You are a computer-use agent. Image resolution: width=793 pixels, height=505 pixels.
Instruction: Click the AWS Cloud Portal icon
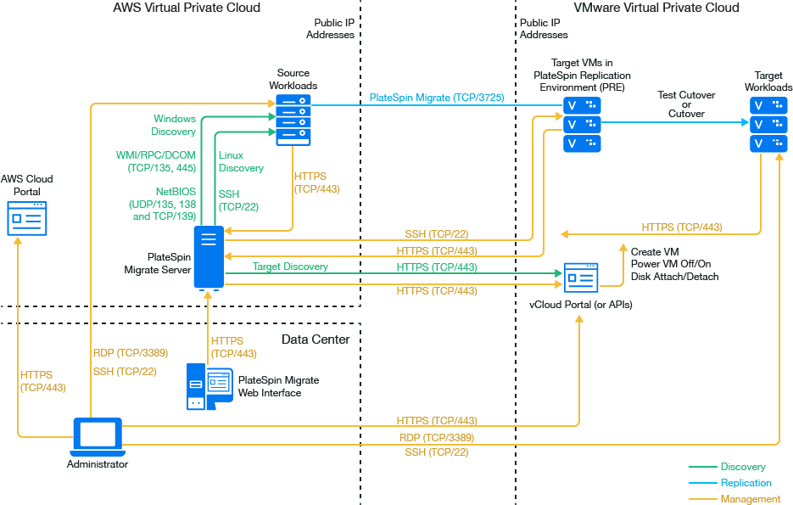(26, 218)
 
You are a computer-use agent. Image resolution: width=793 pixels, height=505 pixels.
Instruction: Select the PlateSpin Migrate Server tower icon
(209, 257)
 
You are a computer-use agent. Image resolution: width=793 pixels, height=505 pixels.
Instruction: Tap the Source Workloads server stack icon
(293, 121)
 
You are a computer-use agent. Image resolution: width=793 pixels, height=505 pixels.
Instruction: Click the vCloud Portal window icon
(581, 278)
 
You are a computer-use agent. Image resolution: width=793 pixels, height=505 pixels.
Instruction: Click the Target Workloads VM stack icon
(769, 125)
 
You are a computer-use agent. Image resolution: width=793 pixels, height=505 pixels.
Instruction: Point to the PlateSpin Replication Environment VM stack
(582, 125)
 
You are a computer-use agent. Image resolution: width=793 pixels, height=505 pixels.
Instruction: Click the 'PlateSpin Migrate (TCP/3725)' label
(437, 98)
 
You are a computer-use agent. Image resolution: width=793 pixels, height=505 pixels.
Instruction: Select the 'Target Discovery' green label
(290, 267)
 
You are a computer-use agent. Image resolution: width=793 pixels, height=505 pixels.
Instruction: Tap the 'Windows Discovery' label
(174, 126)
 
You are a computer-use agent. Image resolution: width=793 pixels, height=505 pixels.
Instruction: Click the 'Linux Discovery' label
(241, 162)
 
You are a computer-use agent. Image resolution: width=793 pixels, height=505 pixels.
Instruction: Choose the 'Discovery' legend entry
(742, 467)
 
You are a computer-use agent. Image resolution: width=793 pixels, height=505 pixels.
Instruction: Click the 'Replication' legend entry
(746, 483)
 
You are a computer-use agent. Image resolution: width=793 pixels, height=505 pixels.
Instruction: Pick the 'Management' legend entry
(750, 499)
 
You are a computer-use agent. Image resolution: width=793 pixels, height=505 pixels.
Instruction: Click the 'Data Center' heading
(316, 340)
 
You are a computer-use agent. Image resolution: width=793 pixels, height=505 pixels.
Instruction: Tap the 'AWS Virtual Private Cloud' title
(187, 8)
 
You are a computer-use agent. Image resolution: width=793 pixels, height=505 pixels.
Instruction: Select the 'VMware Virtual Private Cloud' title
(656, 8)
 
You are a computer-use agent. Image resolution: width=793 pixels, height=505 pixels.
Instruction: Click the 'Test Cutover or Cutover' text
(686, 104)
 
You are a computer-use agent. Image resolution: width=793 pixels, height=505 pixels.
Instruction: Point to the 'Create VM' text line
(655, 252)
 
